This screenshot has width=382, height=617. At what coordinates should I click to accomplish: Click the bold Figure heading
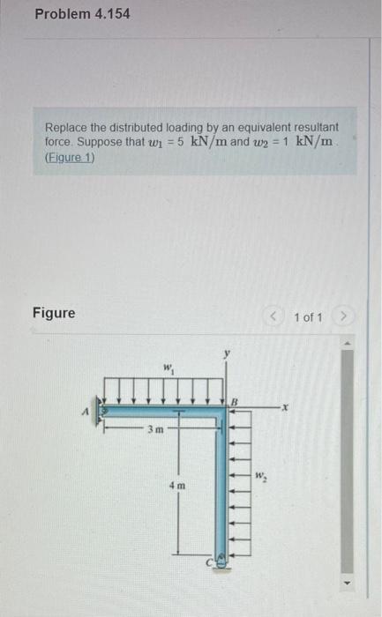click(54, 312)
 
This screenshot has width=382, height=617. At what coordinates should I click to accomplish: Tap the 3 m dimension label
click(154, 429)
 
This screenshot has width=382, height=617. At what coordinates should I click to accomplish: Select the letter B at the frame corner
click(235, 401)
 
